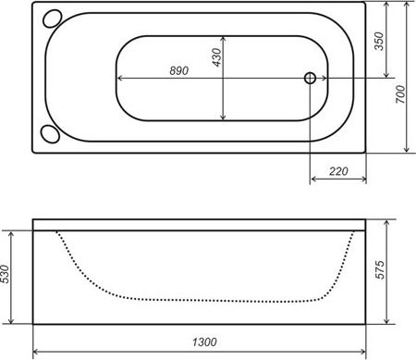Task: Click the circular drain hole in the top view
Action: [310, 79]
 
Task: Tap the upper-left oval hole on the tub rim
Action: [51, 19]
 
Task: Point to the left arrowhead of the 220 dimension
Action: [313, 177]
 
